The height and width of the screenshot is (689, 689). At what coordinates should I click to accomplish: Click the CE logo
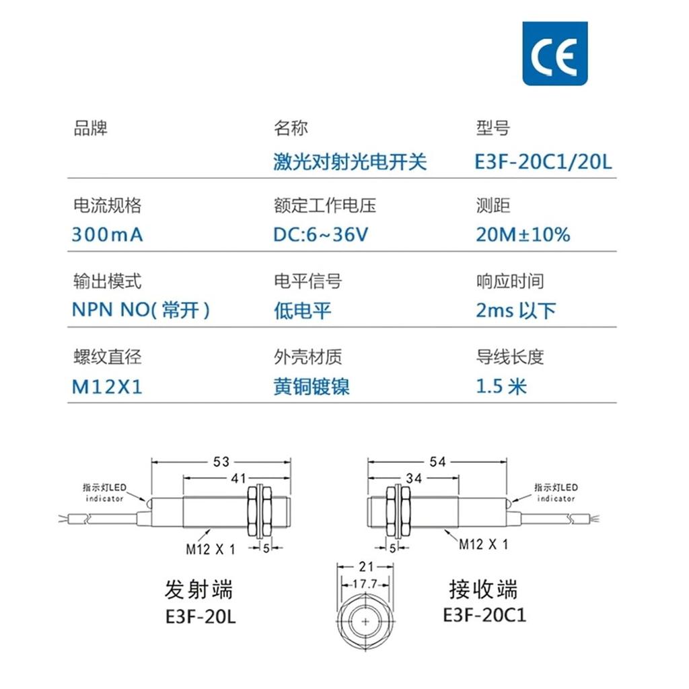555,54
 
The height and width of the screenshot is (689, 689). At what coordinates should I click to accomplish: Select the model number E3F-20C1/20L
544,161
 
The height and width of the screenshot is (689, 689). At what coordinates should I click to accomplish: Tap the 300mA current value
108,235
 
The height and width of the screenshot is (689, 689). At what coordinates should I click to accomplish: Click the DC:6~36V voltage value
321,235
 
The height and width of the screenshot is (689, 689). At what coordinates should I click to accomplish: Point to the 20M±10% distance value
523,235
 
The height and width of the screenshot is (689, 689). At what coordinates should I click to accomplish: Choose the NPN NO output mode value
141,310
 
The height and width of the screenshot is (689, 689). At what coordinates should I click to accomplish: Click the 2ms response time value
516,310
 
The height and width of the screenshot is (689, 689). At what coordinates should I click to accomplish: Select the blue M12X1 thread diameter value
107,387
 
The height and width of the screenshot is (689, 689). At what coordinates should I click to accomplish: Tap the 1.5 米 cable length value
501,387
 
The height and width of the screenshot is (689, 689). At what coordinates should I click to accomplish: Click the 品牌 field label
90,128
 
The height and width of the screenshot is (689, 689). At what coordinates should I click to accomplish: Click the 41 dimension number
239,478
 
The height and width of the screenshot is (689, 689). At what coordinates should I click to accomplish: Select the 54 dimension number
437,462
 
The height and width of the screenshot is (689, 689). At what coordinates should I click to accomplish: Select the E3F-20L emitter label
201,616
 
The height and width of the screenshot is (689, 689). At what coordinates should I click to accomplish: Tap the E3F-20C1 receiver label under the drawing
484,615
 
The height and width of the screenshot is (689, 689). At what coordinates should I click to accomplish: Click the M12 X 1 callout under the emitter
211,549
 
